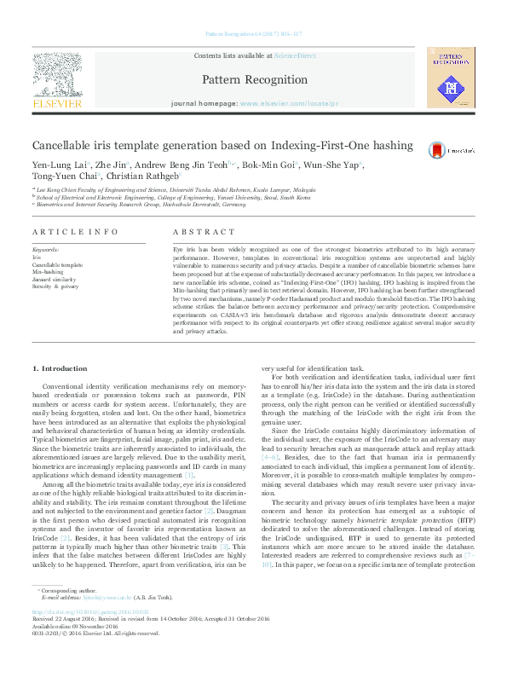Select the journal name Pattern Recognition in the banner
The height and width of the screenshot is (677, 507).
click(254, 79)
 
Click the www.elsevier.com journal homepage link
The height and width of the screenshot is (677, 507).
click(289, 102)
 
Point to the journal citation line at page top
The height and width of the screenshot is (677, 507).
click(253, 36)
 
